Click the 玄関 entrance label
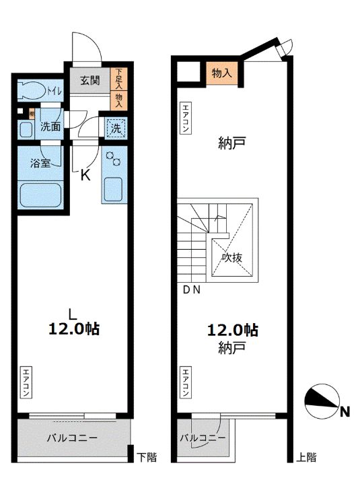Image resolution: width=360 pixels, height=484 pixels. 90,81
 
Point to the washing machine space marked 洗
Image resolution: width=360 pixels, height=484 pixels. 116,126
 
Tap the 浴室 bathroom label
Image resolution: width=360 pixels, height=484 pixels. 41,164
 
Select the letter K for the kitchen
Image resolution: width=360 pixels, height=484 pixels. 85,176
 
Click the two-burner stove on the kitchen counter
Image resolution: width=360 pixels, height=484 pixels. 114,160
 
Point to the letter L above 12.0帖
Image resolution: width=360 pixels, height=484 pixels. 71,312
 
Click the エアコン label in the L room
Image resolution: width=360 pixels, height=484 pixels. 26,382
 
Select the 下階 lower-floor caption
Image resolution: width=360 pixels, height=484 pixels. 147,458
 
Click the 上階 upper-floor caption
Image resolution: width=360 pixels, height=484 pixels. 306,458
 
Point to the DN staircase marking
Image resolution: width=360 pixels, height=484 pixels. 191,290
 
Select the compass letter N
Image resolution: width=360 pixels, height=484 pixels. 344,412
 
